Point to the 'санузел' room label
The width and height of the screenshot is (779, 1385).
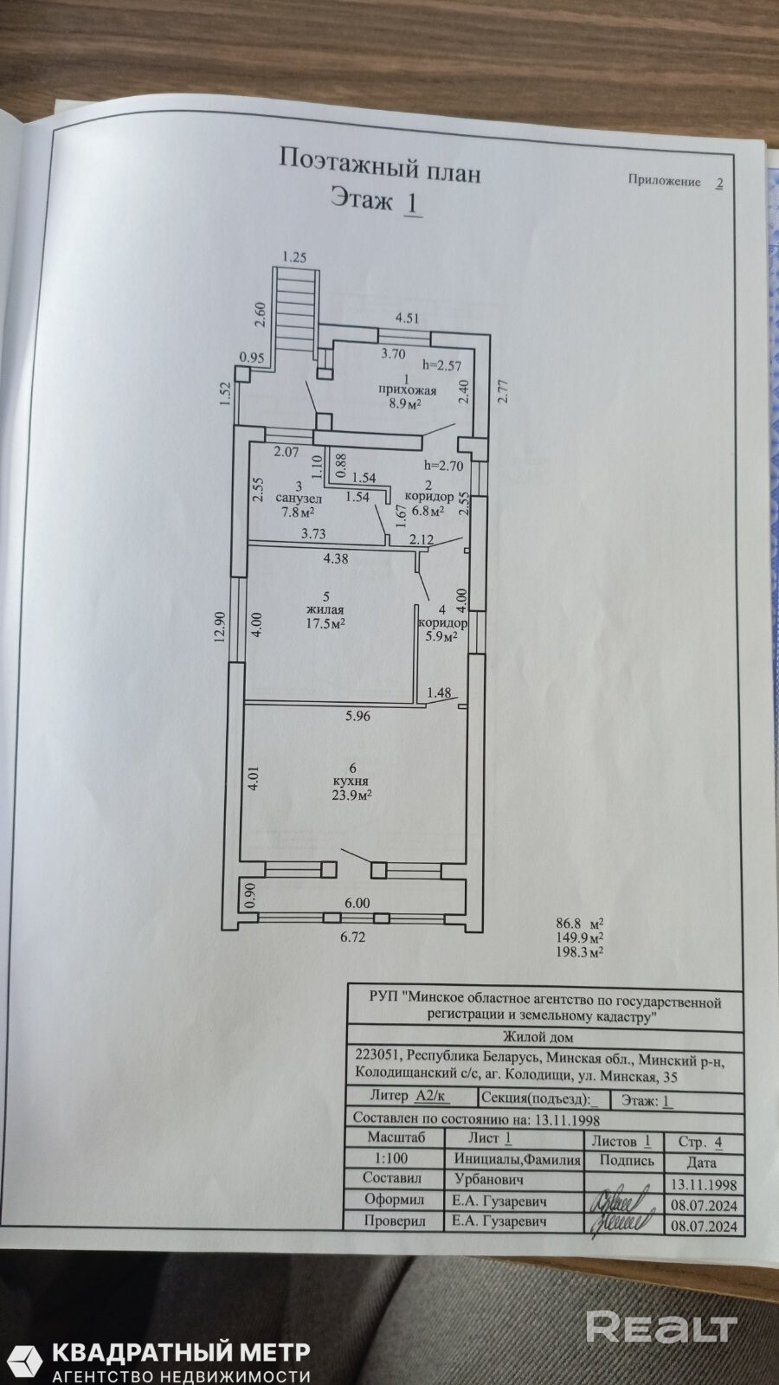click(x=299, y=499)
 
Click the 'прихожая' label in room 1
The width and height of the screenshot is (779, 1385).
click(x=407, y=390)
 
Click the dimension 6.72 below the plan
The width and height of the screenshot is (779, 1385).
click(x=353, y=937)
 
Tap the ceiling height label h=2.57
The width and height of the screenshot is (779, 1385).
click(x=441, y=365)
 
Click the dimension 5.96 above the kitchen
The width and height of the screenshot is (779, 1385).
click(x=357, y=716)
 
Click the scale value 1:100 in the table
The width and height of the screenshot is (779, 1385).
click(x=391, y=1158)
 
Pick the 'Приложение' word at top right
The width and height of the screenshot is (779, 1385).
click(x=665, y=182)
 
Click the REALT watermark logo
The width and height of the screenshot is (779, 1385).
click(x=661, y=1325)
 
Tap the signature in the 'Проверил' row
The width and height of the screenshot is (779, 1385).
click(x=620, y=1221)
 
